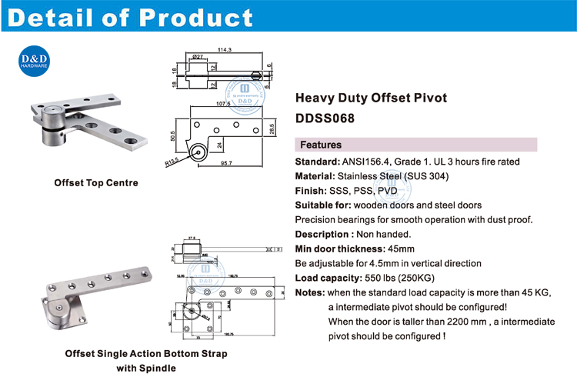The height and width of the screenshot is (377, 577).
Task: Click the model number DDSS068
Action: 326,118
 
